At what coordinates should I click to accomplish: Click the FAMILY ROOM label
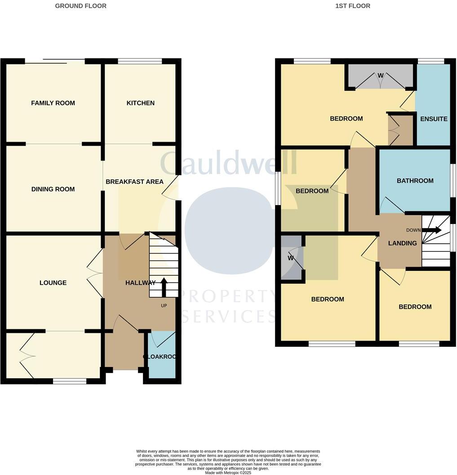pos(53,103)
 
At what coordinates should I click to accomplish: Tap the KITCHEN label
pos(140,103)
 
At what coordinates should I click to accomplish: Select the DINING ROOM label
pos(53,189)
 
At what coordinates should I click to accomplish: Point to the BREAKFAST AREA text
pos(134,182)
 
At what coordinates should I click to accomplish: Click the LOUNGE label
pos(53,282)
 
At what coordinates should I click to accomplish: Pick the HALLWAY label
pos(140,282)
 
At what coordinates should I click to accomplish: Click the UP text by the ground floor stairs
pos(164,305)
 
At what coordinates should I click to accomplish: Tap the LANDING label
pos(403,243)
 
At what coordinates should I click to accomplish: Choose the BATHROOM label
pos(415,181)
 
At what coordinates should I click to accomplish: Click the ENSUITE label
pos(434,119)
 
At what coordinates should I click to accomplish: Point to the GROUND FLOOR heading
pos(80,6)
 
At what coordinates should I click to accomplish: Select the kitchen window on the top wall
pos(140,61)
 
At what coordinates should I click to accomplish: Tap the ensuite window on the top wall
pos(430,61)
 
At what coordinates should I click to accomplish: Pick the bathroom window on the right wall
pos(453,181)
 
